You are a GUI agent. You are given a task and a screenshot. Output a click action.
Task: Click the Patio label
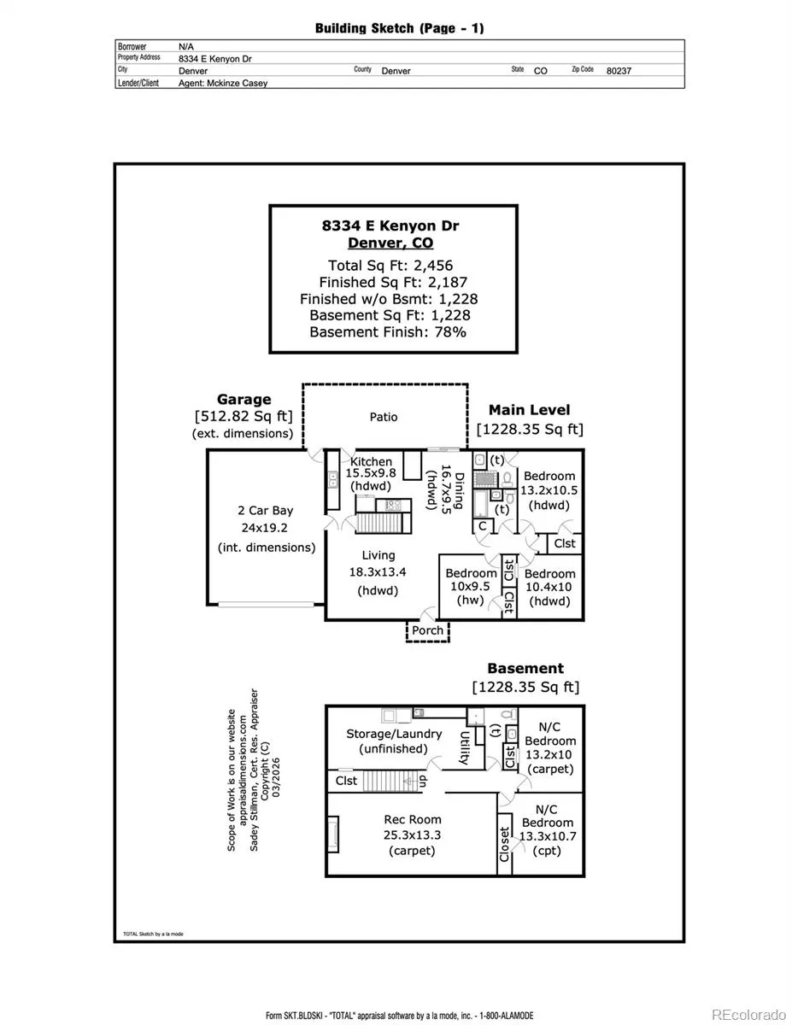click(384, 417)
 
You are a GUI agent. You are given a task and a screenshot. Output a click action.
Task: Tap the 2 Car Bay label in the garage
click(265, 511)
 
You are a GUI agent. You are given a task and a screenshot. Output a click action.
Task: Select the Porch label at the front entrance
click(428, 630)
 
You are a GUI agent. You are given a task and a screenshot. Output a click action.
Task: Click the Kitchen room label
click(372, 461)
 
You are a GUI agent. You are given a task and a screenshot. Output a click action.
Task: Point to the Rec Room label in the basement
click(413, 820)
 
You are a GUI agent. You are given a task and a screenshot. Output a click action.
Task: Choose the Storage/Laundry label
click(394, 733)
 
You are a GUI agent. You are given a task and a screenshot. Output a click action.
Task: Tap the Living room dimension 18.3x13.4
click(378, 572)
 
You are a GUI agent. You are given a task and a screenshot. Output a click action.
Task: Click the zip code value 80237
click(618, 71)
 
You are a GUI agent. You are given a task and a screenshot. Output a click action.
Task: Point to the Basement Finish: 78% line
click(388, 332)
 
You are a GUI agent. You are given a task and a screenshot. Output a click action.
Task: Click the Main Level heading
click(529, 410)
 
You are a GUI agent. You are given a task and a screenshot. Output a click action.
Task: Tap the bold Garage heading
click(243, 399)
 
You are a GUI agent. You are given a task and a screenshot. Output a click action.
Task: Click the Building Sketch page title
click(399, 28)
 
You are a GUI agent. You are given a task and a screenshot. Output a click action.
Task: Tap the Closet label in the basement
click(504, 844)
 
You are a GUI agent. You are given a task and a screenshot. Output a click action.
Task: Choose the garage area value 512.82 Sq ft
click(243, 417)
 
